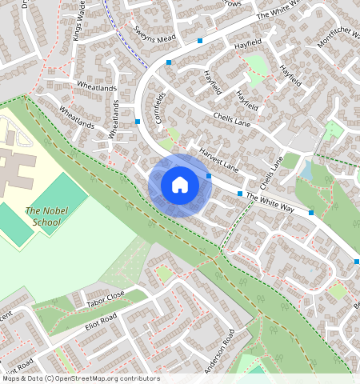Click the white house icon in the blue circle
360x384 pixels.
coord(180,185)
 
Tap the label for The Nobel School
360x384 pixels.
coord(42,216)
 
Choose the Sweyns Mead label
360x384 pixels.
coord(155,33)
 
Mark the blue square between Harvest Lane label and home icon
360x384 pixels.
coord(208,176)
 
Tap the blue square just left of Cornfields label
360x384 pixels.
coord(138,122)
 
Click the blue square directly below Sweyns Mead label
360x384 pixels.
coord(169,62)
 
